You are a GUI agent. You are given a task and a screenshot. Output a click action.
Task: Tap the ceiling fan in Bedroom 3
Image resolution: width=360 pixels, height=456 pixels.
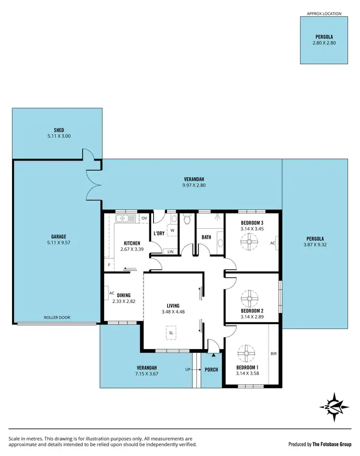pos(249,243)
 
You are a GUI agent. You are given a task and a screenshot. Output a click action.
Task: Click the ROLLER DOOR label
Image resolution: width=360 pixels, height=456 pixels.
pos(57,317)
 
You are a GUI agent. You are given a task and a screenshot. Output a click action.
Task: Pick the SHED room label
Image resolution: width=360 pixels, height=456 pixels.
pos(59,130)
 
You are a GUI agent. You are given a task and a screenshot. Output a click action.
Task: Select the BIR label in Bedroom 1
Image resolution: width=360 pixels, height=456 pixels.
pos(274,354)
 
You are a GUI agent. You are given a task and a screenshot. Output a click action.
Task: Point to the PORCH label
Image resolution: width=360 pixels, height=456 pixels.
pos(211,370)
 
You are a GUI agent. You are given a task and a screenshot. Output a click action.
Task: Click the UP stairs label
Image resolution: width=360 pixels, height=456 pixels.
pos(189,370)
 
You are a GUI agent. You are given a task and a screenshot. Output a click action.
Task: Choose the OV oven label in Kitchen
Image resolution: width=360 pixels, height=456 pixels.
pos(144,219)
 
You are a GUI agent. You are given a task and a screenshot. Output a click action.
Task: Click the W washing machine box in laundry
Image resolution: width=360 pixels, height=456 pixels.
pos(172,230)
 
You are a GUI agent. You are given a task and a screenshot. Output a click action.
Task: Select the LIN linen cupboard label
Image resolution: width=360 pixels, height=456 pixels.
pos(170,252)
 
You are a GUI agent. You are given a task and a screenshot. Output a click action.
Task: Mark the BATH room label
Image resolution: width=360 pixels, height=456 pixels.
pos(206,237)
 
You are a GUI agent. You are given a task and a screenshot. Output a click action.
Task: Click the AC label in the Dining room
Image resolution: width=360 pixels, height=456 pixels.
pos(111,293)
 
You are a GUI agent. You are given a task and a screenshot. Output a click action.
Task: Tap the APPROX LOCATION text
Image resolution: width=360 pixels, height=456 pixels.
pos(324,13)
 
